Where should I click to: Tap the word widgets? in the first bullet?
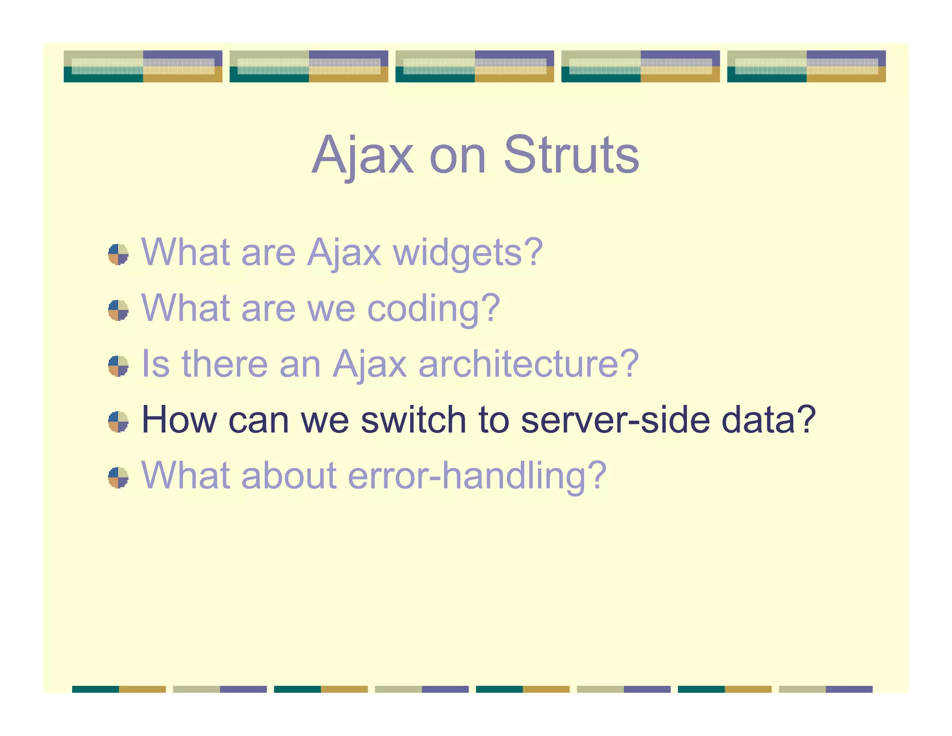(x=468, y=253)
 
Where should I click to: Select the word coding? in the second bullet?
(x=433, y=309)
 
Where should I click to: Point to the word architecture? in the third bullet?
(x=529, y=364)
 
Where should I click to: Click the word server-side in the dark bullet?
(x=615, y=420)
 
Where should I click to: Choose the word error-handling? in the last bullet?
(x=477, y=476)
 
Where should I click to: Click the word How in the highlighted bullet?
(x=179, y=420)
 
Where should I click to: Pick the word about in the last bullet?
(x=289, y=476)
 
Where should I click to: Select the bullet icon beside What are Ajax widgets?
(x=118, y=254)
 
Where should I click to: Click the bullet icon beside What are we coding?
(x=118, y=310)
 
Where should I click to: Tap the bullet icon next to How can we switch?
(x=118, y=422)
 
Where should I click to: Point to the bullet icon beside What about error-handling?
(x=118, y=478)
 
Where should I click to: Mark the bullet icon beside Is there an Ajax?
(x=118, y=366)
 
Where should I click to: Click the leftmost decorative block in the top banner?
(x=143, y=67)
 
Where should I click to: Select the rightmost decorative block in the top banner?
(x=806, y=67)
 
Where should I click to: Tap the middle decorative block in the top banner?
(x=475, y=67)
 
